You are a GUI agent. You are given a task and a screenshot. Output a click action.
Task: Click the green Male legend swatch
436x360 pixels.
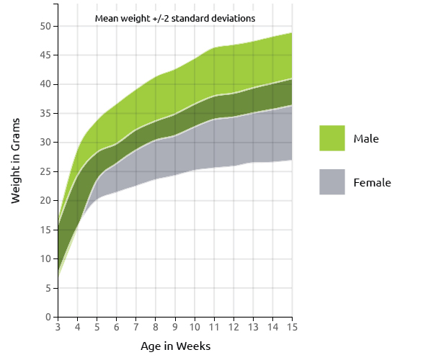click(332, 138)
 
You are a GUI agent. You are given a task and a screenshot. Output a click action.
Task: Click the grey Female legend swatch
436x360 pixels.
click(332, 182)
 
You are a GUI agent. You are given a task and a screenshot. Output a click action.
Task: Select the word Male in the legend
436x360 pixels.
click(366, 138)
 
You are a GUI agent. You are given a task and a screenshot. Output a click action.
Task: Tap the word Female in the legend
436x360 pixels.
click(372, 183)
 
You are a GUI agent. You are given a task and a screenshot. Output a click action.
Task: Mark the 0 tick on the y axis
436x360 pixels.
click(47, 317)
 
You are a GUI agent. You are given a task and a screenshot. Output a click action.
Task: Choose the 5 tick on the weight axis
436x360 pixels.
click(47, 288)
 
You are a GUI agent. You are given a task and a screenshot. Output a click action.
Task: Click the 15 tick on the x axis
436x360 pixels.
click(292, 328)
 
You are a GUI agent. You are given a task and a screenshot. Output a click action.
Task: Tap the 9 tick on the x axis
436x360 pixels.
click(175, 328)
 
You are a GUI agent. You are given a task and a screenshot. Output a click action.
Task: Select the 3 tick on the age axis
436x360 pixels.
click(58, 328)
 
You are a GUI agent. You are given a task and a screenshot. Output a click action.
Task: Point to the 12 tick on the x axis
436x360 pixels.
click(233, 328)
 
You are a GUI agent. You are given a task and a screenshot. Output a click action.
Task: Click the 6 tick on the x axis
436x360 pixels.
click(117, 328)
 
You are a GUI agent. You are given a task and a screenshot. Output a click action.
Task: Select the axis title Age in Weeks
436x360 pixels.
click(175, 346)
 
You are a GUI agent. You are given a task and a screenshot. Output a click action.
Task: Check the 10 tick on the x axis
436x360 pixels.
click(195, 328)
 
